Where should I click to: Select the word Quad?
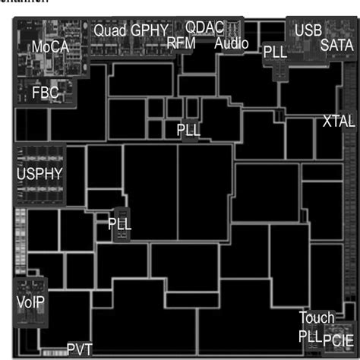click(110, 30)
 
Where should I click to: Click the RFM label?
click(181, 43)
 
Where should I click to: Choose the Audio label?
click(231, 43)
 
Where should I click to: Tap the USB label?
click(308, 30)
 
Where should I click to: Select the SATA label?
click(336, 45)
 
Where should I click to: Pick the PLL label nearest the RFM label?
click(188, 129)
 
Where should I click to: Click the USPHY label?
click(39, 173)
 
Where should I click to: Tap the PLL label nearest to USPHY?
click(119, 225)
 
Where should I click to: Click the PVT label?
click(79, 349)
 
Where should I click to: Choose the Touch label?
click(316, 317)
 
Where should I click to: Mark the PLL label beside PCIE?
click(309, 336)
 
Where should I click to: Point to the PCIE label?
click(338, 338)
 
